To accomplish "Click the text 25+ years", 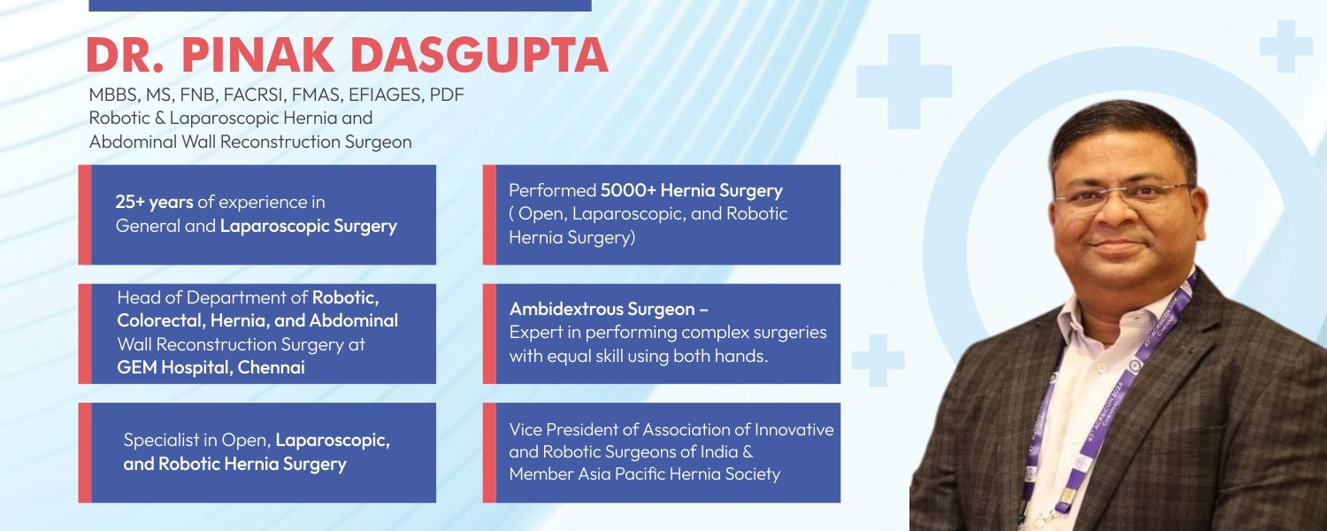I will pyautogui.click(x=154, y=202).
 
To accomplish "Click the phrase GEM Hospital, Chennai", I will pyautogui.click(x=211, y=367).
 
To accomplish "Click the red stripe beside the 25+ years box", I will pyautogui.click(x=85, y=214).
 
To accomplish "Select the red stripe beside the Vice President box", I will pyautogui.click(x=489, y=452).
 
